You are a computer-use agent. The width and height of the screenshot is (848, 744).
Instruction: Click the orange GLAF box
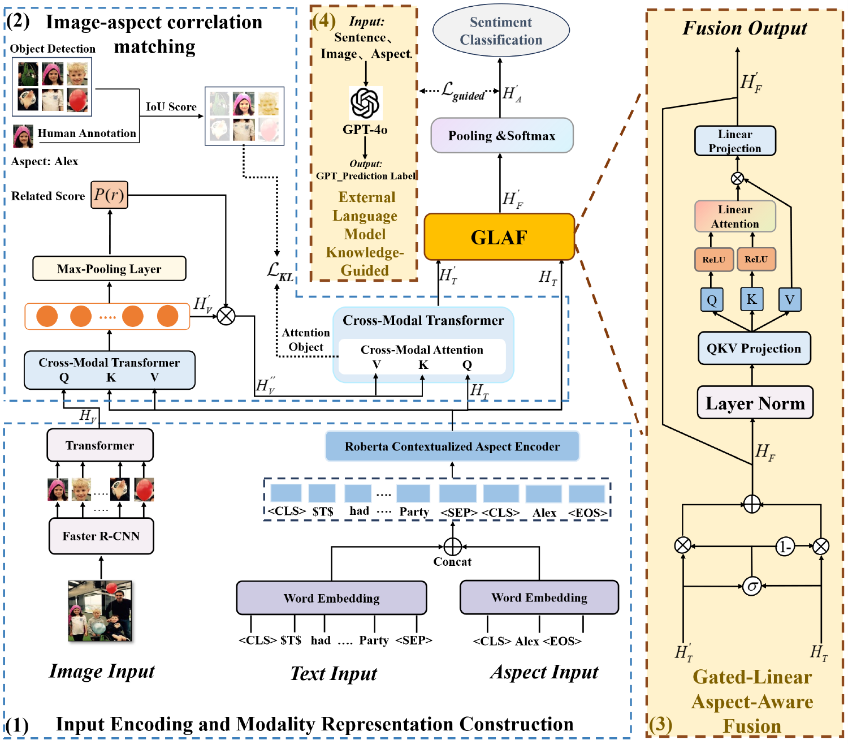[x=499, y=237]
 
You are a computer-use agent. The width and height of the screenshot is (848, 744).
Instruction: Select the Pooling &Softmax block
[x=502, y=136]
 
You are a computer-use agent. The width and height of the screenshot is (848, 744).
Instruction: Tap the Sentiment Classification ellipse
[x=501, y=31]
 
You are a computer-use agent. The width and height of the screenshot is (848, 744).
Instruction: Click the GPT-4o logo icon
[x=365, y=102]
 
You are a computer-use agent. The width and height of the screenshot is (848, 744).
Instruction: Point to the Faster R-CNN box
[x=101, y=536]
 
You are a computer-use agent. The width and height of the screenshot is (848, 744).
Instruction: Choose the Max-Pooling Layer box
[x=109, y=269]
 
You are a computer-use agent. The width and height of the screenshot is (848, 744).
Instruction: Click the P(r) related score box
[x=110, y=195]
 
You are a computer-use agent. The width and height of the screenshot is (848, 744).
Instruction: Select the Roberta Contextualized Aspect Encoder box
[x=452, y=446]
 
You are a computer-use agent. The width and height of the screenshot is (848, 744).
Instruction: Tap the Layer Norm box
[x=755, y=403]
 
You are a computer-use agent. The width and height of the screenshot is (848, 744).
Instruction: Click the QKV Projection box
[x=754, y=349]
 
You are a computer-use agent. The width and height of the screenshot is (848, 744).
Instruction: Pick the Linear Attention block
[x=735, y=217]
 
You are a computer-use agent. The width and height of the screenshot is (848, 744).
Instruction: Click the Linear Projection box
[x=735, y=141]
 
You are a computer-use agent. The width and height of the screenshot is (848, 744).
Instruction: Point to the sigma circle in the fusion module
[x=752, y=586]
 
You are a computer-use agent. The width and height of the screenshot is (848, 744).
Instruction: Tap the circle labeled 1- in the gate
[x=785, y=547]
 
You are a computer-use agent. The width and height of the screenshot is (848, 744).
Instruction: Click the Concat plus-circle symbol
[x=453, y=547]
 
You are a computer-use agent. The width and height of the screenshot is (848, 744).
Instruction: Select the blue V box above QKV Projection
[x=789, y=300]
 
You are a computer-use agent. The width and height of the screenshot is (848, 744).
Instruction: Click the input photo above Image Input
[x=100, y=611]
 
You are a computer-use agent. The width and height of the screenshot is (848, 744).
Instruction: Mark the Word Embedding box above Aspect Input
[x=539, y=597]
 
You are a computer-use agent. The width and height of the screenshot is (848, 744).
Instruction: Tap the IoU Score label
[x=171, y=107]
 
